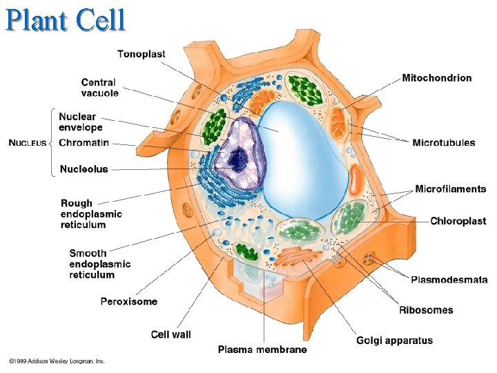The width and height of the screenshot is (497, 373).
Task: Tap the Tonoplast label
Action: pos(141,54)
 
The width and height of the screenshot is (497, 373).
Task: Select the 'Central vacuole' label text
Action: pos(99,88)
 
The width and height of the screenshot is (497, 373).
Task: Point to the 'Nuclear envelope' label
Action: pos(81,122)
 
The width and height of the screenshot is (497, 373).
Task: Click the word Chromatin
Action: pos(84,143)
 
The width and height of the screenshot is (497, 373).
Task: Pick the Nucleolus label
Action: pos(84,169)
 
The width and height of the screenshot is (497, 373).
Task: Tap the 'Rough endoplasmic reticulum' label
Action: pos(91,214)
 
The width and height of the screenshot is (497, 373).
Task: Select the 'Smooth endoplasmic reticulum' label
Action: pos(99,264)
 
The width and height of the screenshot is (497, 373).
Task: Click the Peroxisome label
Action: pos(129,301)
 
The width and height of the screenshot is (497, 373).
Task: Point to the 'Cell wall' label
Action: pos(171,334)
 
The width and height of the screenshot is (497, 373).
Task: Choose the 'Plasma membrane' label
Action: pos(262,350)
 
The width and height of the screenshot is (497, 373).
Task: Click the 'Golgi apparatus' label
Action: pos(395,340)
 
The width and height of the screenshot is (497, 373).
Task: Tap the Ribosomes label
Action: pos(426,310)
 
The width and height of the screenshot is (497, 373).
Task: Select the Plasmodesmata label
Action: pos(449,280)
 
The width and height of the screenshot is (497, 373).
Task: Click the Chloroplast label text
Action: pos(458,221)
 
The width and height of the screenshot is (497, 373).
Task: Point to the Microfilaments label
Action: pos(451,189)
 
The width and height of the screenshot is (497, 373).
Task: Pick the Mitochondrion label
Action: pos(437,78)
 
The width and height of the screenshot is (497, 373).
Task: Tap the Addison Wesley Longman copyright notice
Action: pos(57,361)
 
